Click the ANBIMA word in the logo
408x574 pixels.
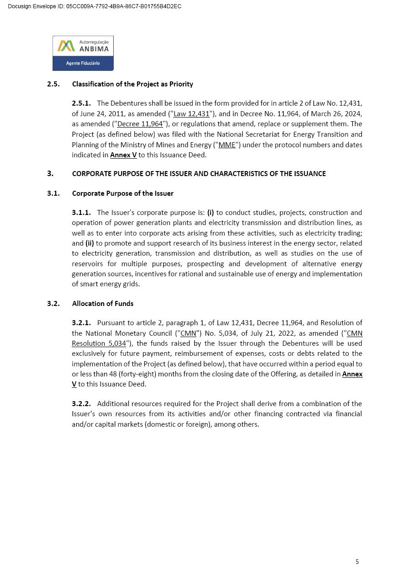pyautogui.click(x=94, y=49)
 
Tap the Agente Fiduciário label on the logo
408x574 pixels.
pyautogui.click(x=83, y=63)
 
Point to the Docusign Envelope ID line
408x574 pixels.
pyautogui.click(x=95, y=6)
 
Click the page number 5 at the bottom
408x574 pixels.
pyautogui.click(x=357, y=562)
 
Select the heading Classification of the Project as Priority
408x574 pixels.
pyautogui.click(x=132, y=84)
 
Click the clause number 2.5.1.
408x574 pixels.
pyautogui.click(x=81, y=103)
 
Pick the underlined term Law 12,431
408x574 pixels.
pyautogui.click(x=191, y=114)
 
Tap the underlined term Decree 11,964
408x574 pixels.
pyautogui.click(x=140, y=124)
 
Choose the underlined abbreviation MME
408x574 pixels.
pyautogui.click(x=227, y=145)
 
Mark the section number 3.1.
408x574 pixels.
pyautogui.click(x=53, y=193)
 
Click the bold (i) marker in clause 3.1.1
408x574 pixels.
pyautogui.click(x=211, y=213)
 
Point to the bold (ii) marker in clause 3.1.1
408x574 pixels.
pyautogui.click(x=90, y=243)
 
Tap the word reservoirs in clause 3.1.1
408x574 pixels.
pyautogui.click(x=88, y=264)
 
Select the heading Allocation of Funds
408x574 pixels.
pyautogui.click(x=103, y=304)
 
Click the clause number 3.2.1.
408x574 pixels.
pyautogui.click(x=81, y=323)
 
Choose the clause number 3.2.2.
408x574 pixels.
pyautogui.click(x=81, y=404)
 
